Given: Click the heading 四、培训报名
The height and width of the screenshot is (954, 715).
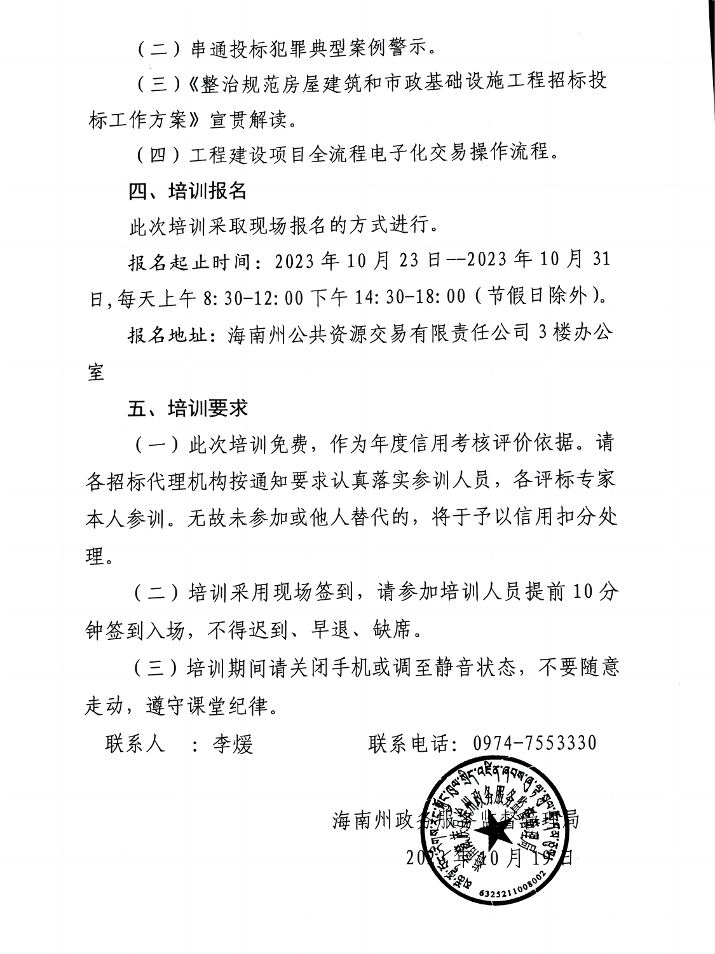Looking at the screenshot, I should pos(187,191).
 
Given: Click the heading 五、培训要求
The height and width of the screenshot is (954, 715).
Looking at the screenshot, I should pos(187,408).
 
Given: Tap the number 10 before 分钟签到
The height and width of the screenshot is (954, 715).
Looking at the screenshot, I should pos(583,592).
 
